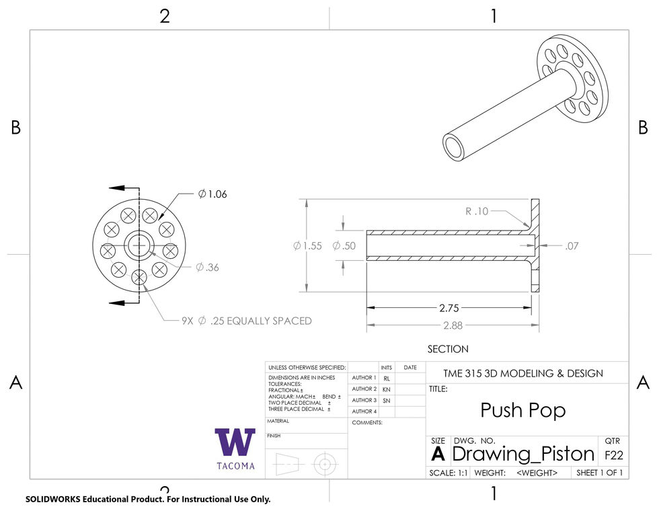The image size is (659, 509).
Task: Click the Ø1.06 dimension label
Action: pyautogui.click(x=212, y=194)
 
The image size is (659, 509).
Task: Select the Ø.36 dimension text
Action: pyautogui.click(x=208, y=267)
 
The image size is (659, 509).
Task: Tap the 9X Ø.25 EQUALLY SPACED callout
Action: pyautogui.click(x=247, y=321)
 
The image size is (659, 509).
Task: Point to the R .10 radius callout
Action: pyautogui.click(x=477, y=211)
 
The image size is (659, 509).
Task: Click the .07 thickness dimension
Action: pyautogui.click(x=572, y=246)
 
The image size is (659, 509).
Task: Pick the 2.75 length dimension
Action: pyautogui.click(x=449, y=308)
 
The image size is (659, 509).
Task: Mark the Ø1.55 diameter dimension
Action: pyautogui.click(x=307, y=246)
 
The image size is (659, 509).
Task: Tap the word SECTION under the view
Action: pyautogui.click(x=448, y=349)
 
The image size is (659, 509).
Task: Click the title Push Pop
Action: pyautogui.click(x=523, y=409)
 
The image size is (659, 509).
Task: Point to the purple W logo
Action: pyautogui.click(x=235, y=442)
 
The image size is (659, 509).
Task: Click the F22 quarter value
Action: pyautogui.click(x=613, y=455)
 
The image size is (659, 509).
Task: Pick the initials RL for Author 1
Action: pyautogui.click(x=387, y=379)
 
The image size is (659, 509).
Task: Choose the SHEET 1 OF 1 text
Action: pyautogui.click(x=599, y=473)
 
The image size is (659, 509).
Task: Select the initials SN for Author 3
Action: pyautogui.click(x=387, y=400)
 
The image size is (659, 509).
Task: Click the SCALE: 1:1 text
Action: pyautogui.click(x=449, y=473)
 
